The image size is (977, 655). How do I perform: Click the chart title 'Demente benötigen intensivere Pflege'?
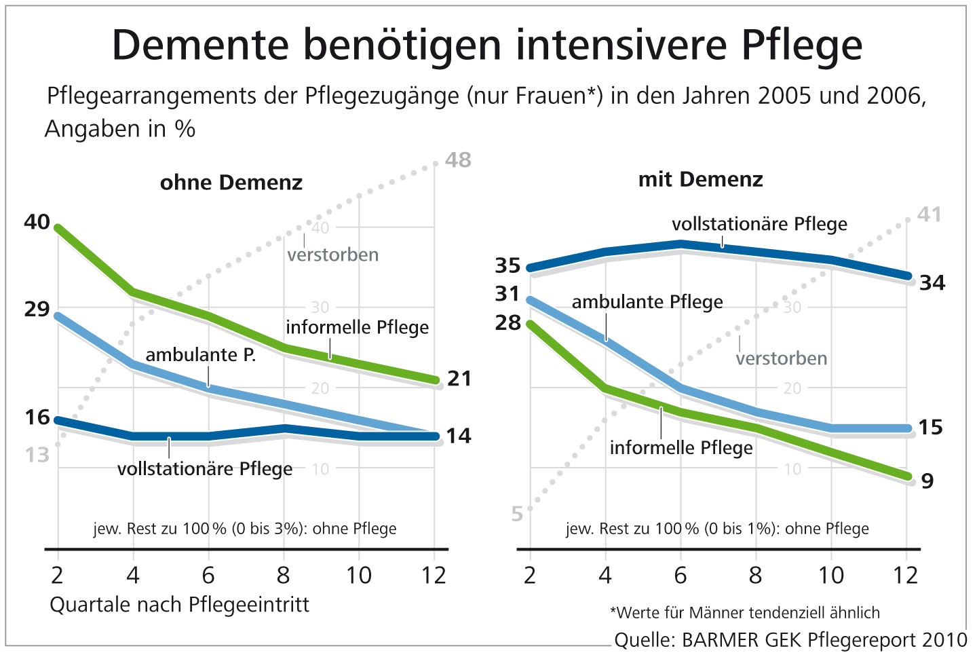click(486, 45)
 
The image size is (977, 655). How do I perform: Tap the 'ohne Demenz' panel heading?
click(231, 183)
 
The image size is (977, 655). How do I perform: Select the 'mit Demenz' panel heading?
click(700, 180)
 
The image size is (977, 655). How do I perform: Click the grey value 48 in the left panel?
click(458, 160)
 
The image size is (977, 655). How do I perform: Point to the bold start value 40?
click(37, 222)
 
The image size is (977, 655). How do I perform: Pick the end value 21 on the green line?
click(459, 378)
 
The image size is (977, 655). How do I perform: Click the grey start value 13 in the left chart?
click(37, 455)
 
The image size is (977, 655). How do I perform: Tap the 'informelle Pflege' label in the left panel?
click(357, 327)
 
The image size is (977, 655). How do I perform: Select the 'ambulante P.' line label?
click(200, 354)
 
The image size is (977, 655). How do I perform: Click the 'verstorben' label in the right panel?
click(781, 358)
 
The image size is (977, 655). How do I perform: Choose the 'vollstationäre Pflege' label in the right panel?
click(759, 224)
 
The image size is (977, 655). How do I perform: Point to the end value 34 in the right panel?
click(932, 283)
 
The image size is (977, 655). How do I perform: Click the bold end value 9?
click(927, 481)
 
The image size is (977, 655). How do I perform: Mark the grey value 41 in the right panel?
click(929, 215)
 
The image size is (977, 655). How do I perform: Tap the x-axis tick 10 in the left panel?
click(358, 576)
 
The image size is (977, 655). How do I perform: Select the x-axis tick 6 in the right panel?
click(680, 576)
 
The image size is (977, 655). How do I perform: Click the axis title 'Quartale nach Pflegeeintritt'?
click(179, 605)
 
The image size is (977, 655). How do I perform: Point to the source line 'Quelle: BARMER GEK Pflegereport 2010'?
click(790, 639)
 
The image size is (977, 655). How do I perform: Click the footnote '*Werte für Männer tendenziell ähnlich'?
click(744, 613)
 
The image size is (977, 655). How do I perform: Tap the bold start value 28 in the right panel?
click(507, 322)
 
